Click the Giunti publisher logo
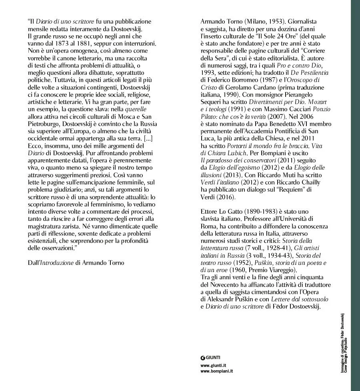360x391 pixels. point(210,357)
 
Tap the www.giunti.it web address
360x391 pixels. point(213,365)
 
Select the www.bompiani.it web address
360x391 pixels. point(216,371)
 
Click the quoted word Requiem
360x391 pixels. point(292,190)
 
